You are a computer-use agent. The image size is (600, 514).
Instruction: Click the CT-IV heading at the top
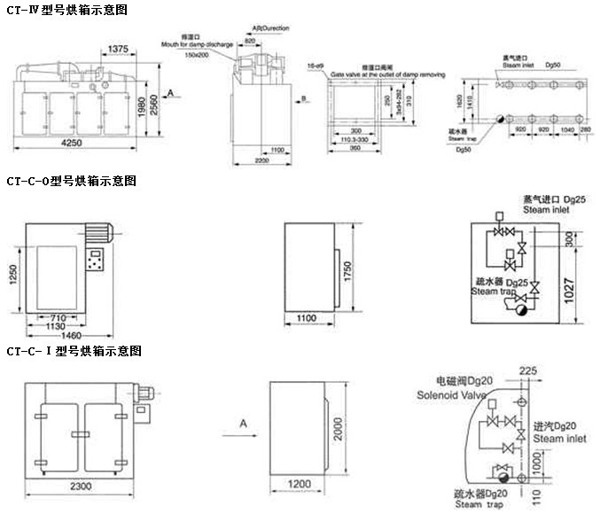tap(66, 11)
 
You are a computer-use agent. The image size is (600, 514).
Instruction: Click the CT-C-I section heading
tap(73, 351)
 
